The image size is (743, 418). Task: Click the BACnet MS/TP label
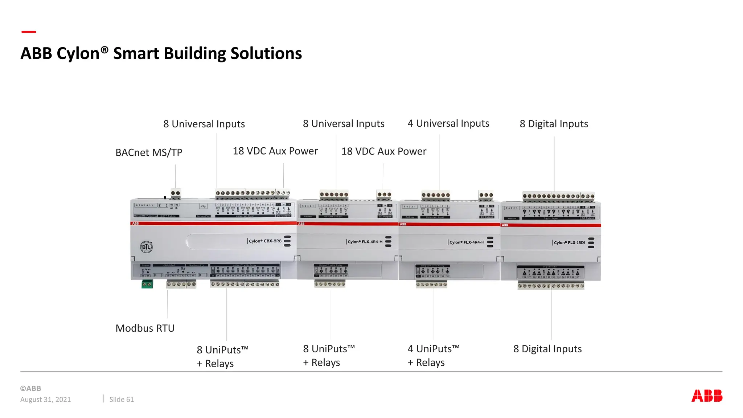point(149,153)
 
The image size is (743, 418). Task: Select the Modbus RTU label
point(145,328)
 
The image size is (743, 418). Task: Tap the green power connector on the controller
point(147,284)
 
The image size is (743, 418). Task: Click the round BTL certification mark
point(146,247)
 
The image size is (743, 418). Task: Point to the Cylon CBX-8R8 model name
point(265,241)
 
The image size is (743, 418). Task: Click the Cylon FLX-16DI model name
point(569,242)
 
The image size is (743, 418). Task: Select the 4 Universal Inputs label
point(448,124)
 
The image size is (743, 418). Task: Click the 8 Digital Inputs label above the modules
point(554,124)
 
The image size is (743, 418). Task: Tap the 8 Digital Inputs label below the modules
point(547,349)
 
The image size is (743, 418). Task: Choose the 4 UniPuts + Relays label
point(433,356)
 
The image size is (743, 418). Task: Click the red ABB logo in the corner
point(707,396)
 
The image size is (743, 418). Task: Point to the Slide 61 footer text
point(122,399)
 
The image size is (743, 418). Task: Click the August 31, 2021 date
point(46,399)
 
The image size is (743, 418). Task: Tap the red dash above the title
point(29,32)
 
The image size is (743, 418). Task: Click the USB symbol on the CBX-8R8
point(203,206)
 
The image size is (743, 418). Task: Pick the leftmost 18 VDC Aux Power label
point(275,151)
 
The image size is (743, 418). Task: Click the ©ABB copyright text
point(31,388)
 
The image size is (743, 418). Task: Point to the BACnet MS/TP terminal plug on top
point(176,194)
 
